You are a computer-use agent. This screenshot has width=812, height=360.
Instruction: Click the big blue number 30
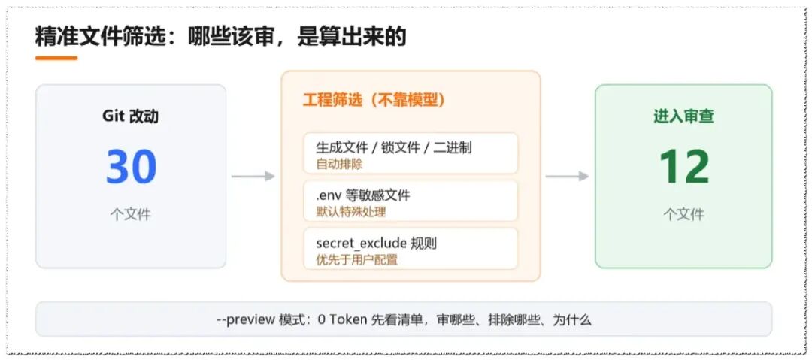[x=132, y=167]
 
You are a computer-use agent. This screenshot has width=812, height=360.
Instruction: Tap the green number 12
[x=683, y=167]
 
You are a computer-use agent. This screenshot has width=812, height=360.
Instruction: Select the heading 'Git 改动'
[x=131, y=116]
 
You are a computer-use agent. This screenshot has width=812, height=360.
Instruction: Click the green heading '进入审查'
[x=683, y=116]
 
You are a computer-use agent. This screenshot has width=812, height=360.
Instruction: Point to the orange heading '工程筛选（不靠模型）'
[x=374, y=100]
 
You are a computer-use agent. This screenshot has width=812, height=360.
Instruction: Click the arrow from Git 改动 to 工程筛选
[x=253, y=177]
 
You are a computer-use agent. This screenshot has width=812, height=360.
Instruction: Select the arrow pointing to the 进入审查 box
[x=567, y=177]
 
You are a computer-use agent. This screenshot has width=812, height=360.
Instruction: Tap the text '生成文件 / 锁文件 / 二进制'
[x=393, y=147]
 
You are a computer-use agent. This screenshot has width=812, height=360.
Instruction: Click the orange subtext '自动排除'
[x=339, y=165]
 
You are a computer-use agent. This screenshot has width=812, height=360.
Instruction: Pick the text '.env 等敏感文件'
[x=363, y=195]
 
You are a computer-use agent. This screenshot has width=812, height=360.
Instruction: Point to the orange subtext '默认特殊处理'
[x=350, y=212]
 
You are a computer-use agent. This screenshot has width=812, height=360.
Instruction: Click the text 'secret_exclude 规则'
[x=377, y=243]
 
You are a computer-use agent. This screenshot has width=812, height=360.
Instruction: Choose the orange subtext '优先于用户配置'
[x=357, y=259]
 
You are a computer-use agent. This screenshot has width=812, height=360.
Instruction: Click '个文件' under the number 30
[x=131, y=214]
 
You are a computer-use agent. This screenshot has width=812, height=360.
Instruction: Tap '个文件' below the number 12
[x=683, y=214]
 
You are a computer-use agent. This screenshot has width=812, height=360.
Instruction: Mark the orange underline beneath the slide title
[x=56, y=58]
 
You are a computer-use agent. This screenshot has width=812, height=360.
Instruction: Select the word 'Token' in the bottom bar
[x=348, y=319]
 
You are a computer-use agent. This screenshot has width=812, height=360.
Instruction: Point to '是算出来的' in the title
[x=352, y=37]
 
